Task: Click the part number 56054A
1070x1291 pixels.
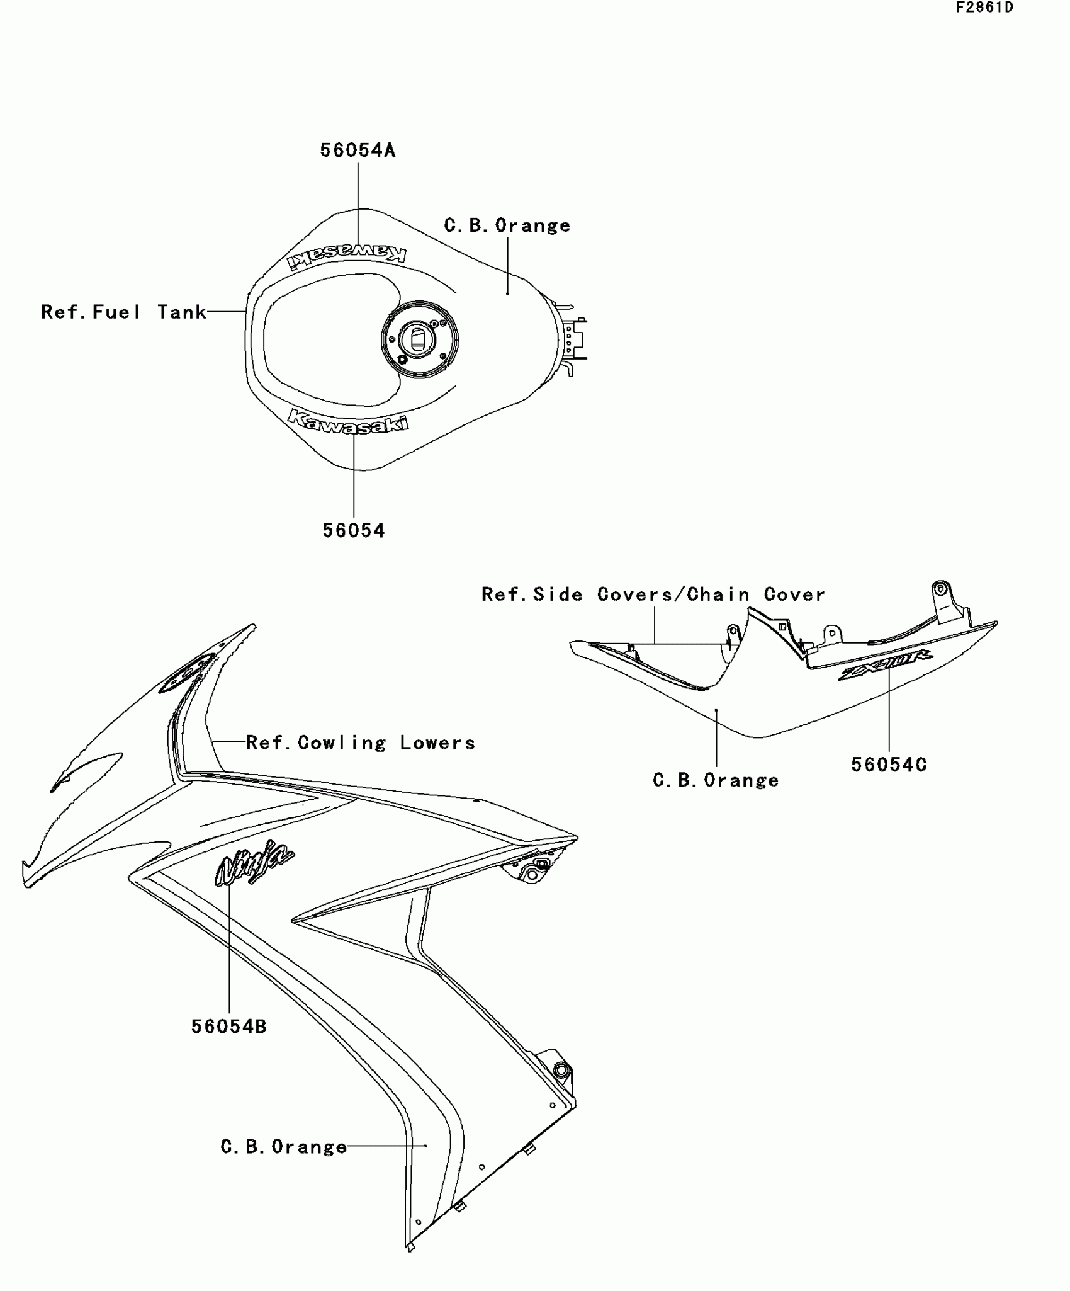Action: [x=358, y=151]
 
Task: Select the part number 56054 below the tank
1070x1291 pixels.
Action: [x=353, y=530]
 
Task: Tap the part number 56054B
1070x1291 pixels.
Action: [x=229, y=1027]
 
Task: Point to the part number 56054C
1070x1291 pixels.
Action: [x=889, y=765]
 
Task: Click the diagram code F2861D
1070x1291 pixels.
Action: [x=985, y=8]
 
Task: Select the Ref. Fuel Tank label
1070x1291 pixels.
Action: [x=123, y=312]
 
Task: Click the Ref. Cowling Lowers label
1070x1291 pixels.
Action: [x=360, y=743]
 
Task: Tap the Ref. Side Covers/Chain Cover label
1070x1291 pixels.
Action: [x=653, y=594]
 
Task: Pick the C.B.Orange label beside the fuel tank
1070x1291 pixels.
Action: [x=507, y=225]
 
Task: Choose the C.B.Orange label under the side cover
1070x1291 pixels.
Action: [x=716, y=781]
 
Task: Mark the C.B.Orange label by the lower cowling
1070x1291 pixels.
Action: [x=284, y=1147]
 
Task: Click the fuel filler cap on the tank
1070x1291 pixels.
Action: [x=419, y=339]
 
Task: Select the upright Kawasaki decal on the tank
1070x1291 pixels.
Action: [x=348, y=421]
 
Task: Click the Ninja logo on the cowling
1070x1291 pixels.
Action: [x=254, y=863]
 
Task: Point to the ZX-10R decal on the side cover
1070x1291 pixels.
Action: [x=886, y=665]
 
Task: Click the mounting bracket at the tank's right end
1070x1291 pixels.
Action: [x=574, y=340]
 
